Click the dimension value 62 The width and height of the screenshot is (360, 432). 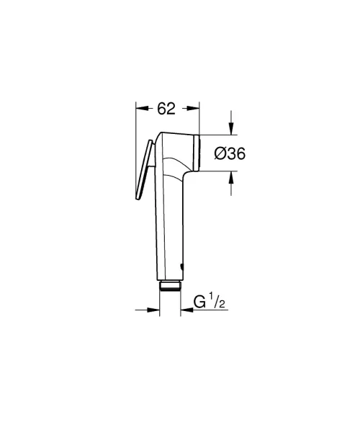tap(166, 109)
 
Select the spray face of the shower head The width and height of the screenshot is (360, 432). tap(197, 150)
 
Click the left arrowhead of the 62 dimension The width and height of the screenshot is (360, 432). tap(142, 109)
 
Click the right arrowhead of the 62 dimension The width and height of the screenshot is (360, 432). tap(192, 109)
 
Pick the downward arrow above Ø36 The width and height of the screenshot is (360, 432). tap(231, 128)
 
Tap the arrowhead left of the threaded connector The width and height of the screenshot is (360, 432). tap(153, 310)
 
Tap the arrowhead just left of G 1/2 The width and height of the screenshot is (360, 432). tap(184, 310)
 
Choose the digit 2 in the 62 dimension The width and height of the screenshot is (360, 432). tap(171, 109)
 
